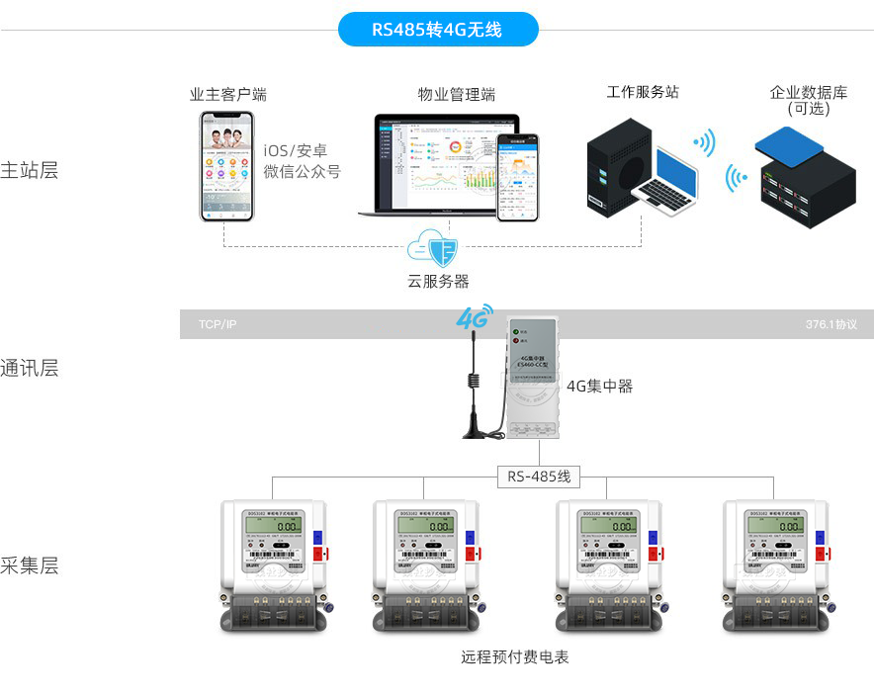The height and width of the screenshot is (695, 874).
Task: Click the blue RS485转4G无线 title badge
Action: click(x=437, y=30)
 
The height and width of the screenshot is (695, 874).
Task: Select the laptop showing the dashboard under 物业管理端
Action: click(x=437, y=165)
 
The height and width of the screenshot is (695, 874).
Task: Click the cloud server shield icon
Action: click(x=436, y=248)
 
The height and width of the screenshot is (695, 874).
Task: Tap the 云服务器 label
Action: click(x=438, y=281)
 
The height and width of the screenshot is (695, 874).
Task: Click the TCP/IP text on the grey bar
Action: click(x=218, y=324)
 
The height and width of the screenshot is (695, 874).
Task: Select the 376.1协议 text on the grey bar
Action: click(x=830, y=324)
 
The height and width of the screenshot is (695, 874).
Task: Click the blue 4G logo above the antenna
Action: click(x=474, y=318)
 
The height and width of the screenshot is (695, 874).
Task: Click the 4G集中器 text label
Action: click(x=599, y=386)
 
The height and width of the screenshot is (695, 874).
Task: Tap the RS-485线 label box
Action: click(x=539, y=477)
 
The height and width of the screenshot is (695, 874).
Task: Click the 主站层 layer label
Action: click(x=30, y=170)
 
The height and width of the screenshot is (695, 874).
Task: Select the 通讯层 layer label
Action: click(x=30, y=369)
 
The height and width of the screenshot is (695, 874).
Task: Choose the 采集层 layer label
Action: click(x=30, y=566)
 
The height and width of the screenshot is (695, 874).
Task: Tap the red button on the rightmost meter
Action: click(x=823, y=556)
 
